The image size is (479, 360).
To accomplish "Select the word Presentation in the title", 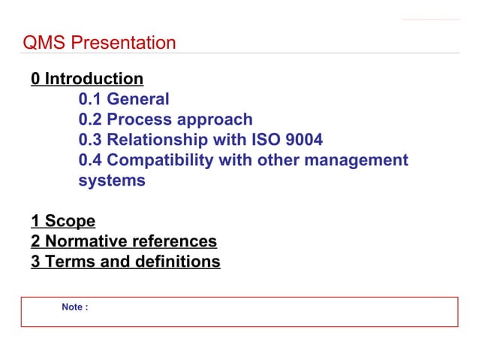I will pyautogui.click(x=123, y=43).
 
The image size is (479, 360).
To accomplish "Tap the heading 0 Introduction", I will pyautogui.click(x=87, y=79).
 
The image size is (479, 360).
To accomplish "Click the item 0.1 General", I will pyautogui.click(x=124, y=99).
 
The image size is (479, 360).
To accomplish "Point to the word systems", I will pyautogui.click(x=112, y=181).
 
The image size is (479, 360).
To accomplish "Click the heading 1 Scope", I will pyautogui.click(x=63, y=222).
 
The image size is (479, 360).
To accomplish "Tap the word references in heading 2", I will pyautogui.click(x=173, y=242).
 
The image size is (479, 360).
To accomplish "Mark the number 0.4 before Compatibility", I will pyautogui.click(x=91, y=160).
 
